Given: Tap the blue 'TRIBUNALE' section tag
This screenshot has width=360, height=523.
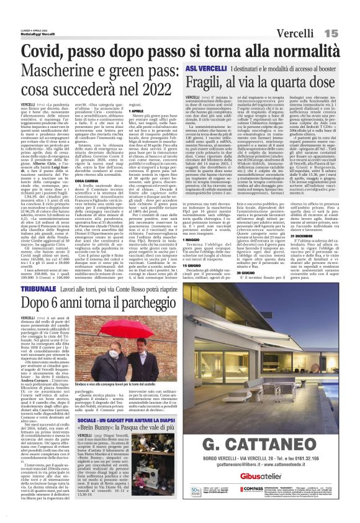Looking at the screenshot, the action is tap(40, 291).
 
